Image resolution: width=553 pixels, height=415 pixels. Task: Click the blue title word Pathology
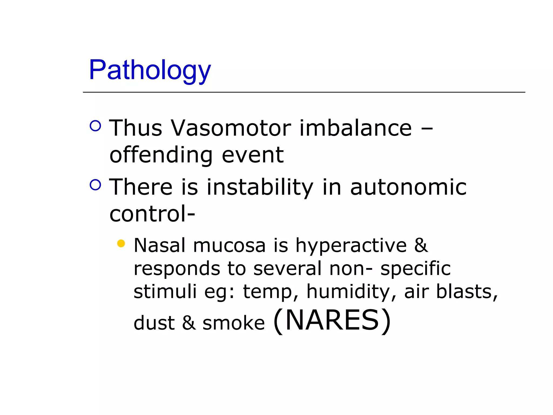click(x=150, y=70)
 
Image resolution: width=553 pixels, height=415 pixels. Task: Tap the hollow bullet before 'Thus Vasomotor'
click(x=95, y=126)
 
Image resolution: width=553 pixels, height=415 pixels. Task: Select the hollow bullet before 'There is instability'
click(x=95, y=185)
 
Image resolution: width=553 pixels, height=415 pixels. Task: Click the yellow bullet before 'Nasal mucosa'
click(x=121, y=243)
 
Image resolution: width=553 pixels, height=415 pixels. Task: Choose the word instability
click(x=260, y=187)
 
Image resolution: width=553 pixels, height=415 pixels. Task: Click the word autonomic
click(x=408, y=187)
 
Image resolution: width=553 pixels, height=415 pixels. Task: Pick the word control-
click(x=152, y=214)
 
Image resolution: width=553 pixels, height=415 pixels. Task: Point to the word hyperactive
click(x=351, y=246)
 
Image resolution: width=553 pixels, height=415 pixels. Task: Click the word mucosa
click(x=229, y=246)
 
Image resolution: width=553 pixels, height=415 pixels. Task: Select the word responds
click(x=177, y=269)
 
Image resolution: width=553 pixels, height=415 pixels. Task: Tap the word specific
click(x=415, y=269)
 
